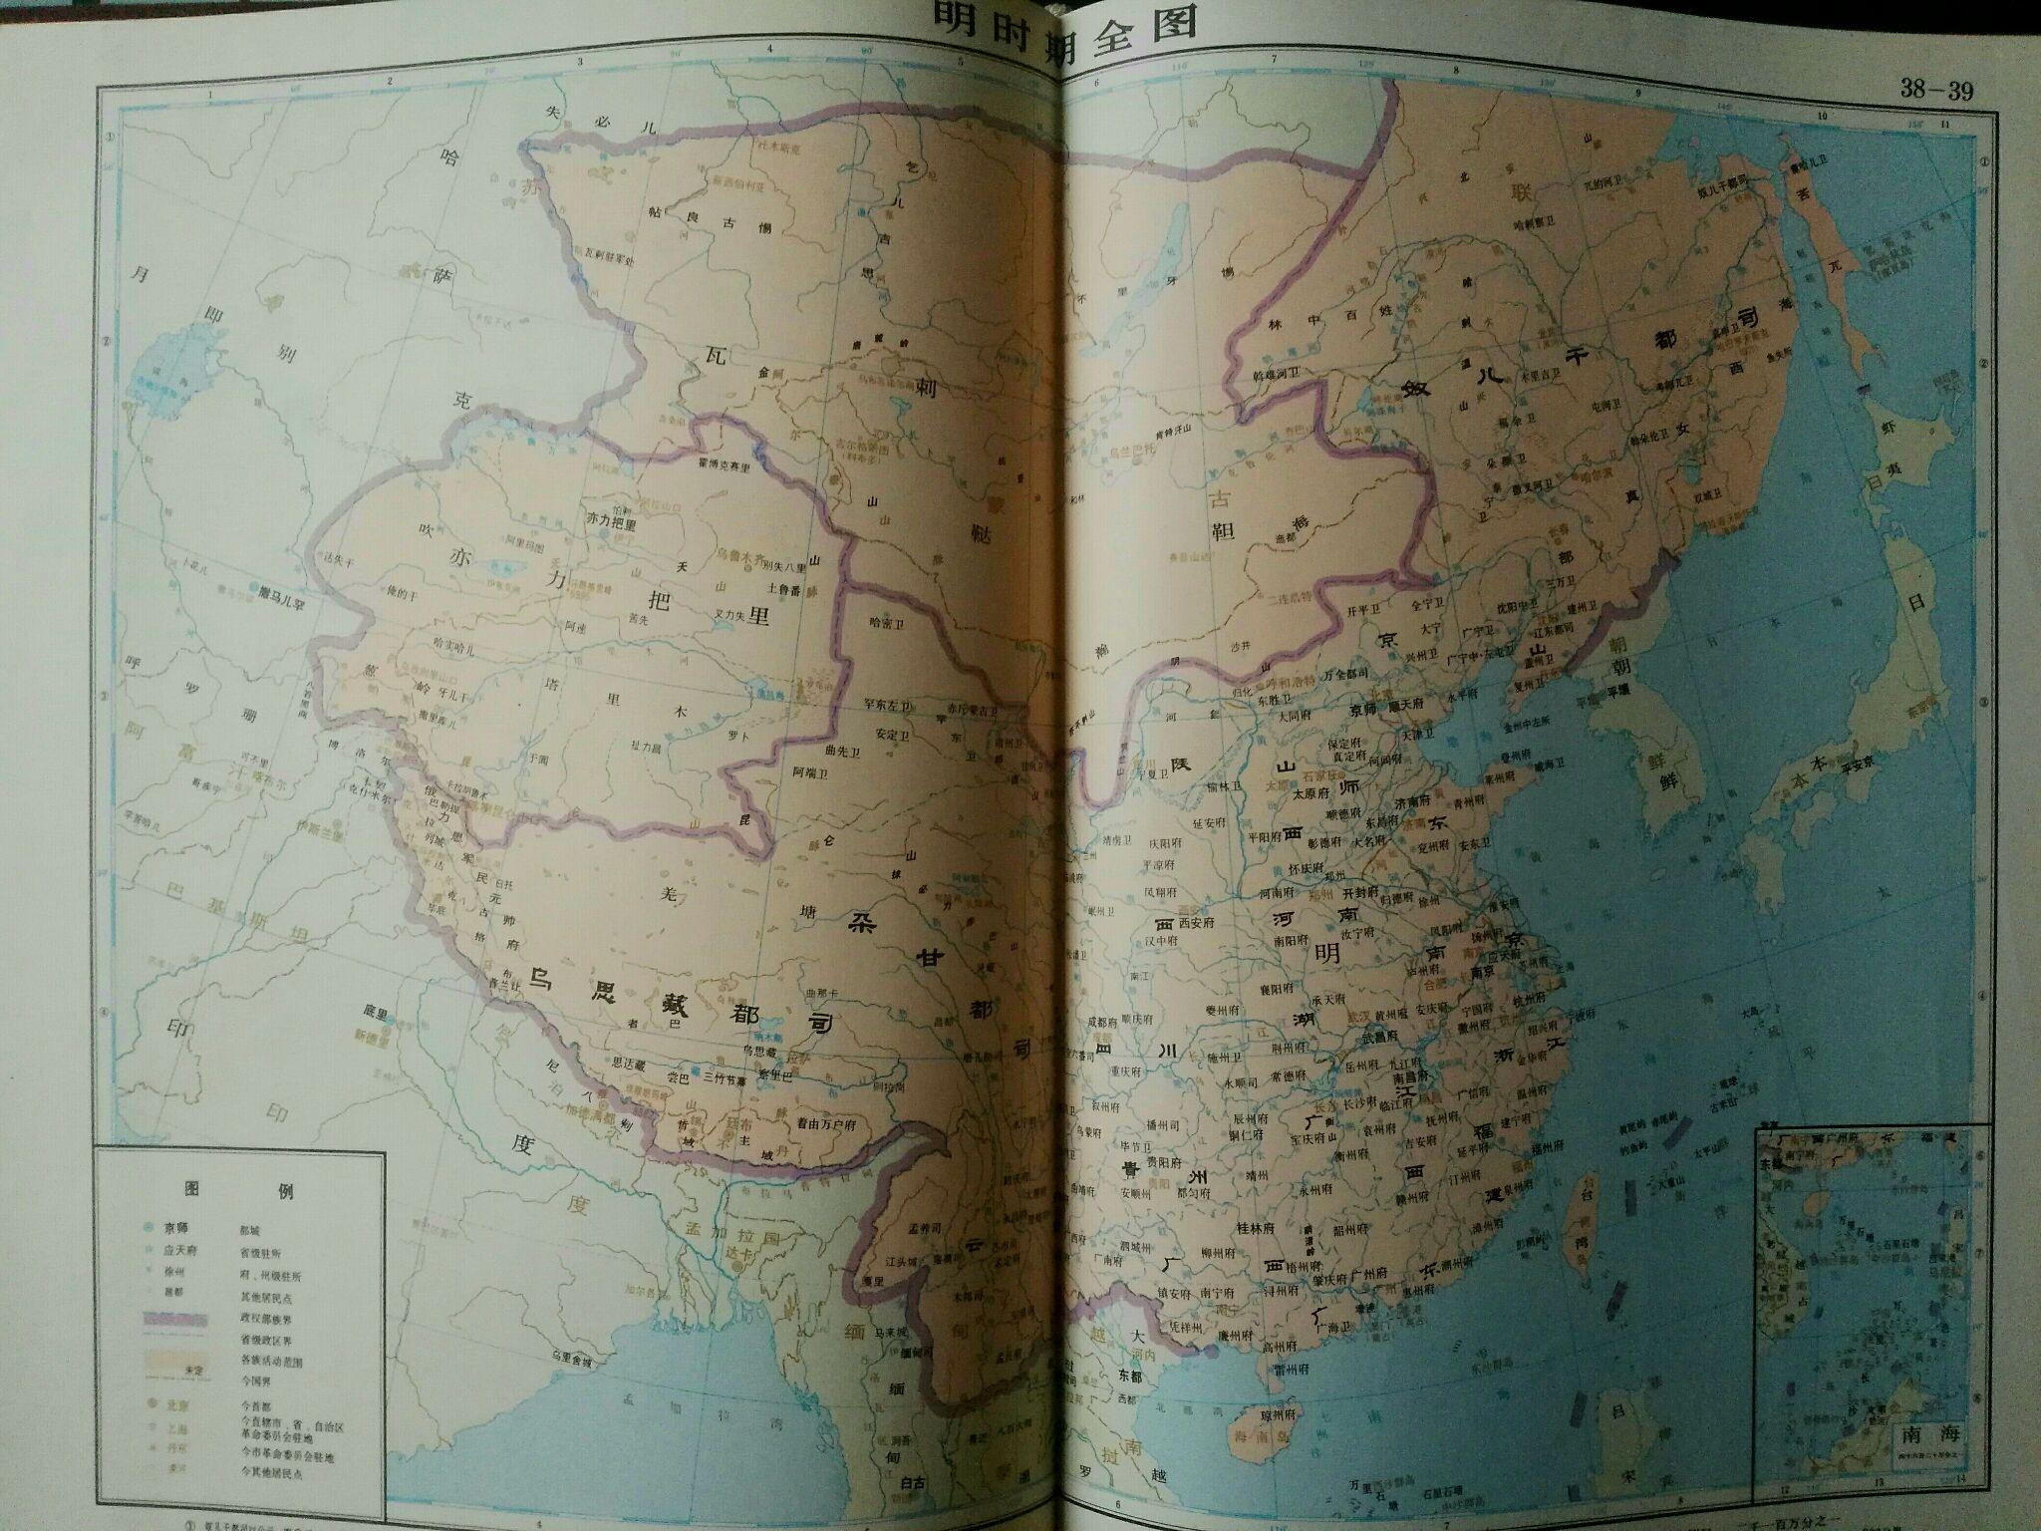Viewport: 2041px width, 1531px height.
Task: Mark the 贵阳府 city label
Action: click(x=1165, y=1162)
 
